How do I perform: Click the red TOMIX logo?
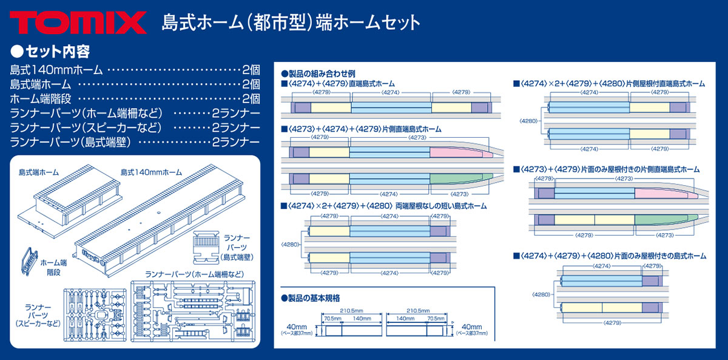pyautogui.click(x=78, y=22)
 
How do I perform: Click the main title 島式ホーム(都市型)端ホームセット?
pyautogui.click(x=291, y=22)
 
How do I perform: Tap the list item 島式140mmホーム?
pyautogui.click(x=56, y=69)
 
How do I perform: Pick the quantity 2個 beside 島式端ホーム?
pyautogui.click(x=251, y=84)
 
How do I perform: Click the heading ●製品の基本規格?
pyautogui.click(x=311, y=297)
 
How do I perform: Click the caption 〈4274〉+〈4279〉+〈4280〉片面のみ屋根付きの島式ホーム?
pyautogui.click(x=609, y=256)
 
